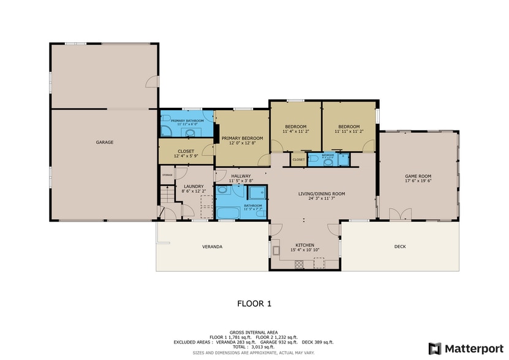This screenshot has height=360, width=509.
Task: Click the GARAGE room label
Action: (104, 142)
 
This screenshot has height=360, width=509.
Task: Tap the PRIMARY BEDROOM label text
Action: (242, 138)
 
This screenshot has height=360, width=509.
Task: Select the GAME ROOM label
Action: (418, 176)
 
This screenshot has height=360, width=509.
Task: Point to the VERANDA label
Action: (212, 247)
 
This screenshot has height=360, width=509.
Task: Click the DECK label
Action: (400, 247)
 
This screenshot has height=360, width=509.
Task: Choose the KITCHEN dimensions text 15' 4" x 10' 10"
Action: (304, 250)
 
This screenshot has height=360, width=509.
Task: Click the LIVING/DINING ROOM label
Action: (321, 194)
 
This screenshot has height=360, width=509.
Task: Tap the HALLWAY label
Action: (241, 176)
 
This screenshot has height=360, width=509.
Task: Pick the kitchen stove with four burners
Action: (300, 264)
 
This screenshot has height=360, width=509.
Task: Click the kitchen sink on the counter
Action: (276, 250)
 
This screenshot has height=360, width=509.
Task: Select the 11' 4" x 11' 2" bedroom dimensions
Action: (295, 132)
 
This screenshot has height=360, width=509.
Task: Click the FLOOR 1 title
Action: (254, 303)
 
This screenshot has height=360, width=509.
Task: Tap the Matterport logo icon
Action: (434, 348)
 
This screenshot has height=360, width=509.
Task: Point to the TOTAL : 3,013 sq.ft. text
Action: (254, 347)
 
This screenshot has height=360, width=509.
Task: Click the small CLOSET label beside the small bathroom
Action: (298, 160)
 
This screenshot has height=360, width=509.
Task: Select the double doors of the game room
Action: (401, 214)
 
